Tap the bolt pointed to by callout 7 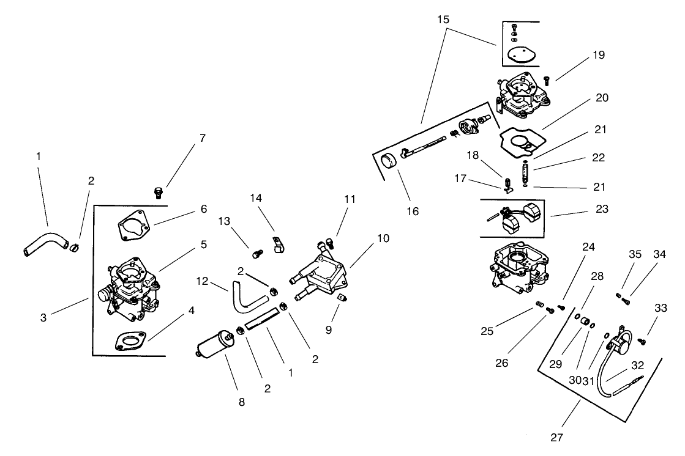(158, 193)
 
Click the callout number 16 (413, 211)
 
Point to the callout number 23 (602, 208)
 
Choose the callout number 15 (443, 20)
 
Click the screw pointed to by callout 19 (547, 80)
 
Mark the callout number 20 (602, 98)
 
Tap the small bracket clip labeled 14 (277, 244)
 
